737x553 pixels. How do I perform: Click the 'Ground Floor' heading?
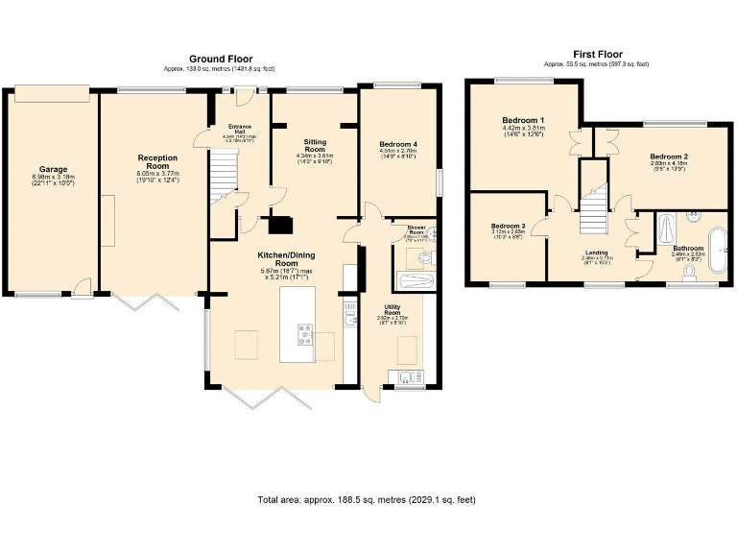tap(219, 59)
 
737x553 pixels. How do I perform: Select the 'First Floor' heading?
tap(596, 55)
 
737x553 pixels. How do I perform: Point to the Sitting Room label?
tap(314, 146)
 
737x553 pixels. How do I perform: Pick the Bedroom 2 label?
tap(668, 156)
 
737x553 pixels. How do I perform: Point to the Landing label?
tap(596, 253)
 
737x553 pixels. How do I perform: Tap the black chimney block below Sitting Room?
tap(281, 226)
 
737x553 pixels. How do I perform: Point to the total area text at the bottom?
tap(367, 500)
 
